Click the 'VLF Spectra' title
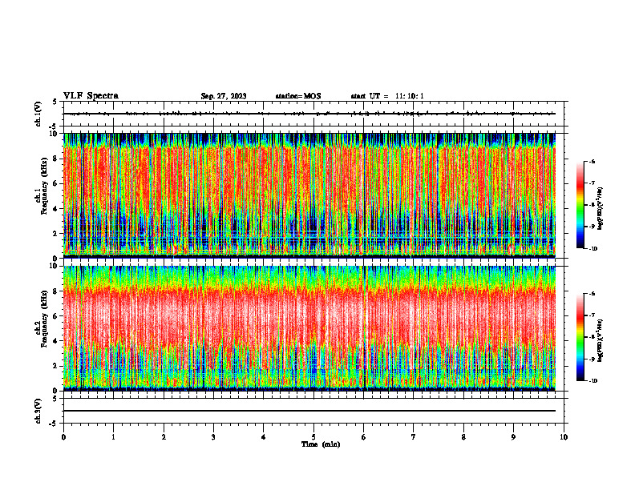click(91, 96)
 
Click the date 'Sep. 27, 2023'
click(224, 96)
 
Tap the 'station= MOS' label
click(297, 96)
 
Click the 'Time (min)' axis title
click(320, 444)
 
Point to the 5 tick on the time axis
click(314, 437)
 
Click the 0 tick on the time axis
click(64, 437)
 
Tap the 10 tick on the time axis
click(564, 437)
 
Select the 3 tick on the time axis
click(214, 437)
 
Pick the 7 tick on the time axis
click(414, 437)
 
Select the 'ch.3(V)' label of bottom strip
click(38, 410)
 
